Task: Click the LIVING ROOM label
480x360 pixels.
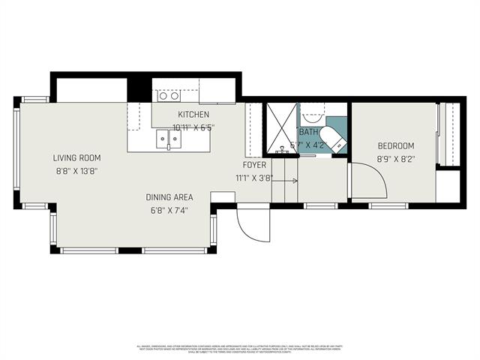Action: pos(76,158)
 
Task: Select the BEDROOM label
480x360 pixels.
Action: pos(396,146)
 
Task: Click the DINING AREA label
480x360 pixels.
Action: pos(169,197)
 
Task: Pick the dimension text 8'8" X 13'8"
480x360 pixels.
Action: pos(76,171)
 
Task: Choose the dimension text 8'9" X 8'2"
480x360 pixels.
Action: pos(396,159)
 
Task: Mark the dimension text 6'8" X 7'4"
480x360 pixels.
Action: pos(169,210)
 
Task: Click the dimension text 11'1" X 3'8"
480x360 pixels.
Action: pos(254,178)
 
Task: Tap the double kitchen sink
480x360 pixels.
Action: pos(167,139)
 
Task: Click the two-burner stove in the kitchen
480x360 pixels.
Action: pos(168,95)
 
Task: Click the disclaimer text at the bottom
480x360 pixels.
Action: pos(240,349)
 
